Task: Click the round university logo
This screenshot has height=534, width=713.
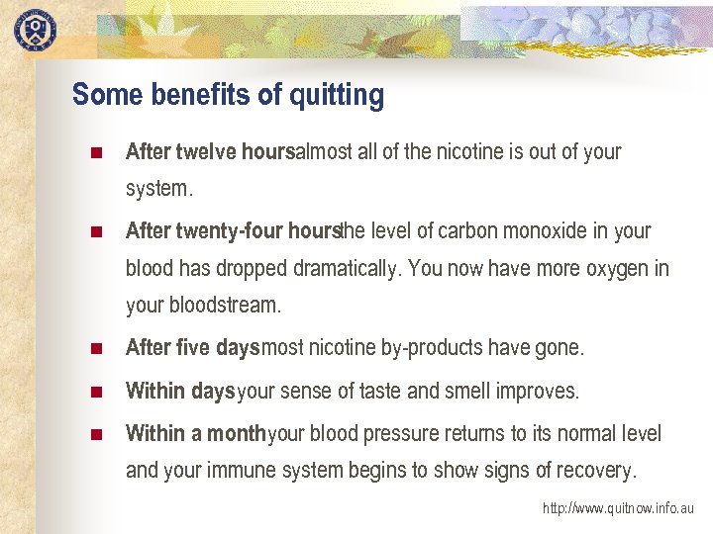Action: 35,29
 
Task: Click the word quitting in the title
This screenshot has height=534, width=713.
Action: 337,95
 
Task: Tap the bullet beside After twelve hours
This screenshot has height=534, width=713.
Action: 96,153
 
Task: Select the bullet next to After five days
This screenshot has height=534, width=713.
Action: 96,349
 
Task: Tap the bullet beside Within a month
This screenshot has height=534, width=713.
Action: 96,435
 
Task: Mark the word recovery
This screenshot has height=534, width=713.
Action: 596,470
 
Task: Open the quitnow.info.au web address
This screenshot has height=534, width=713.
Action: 618,508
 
